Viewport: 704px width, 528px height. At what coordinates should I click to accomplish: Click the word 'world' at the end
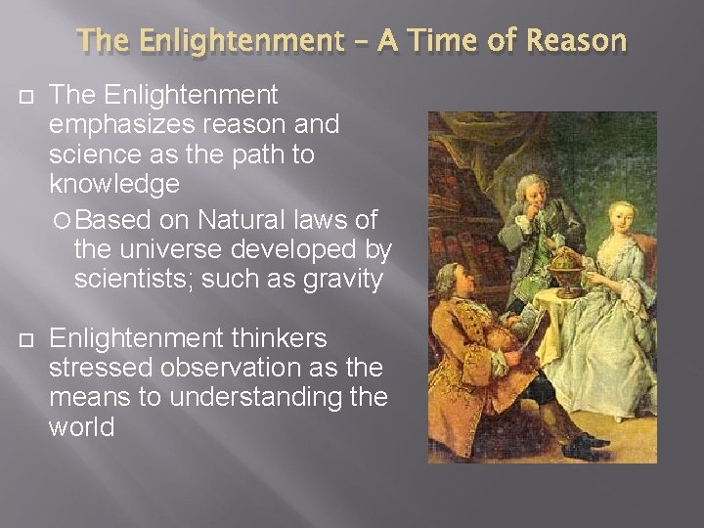82,428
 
